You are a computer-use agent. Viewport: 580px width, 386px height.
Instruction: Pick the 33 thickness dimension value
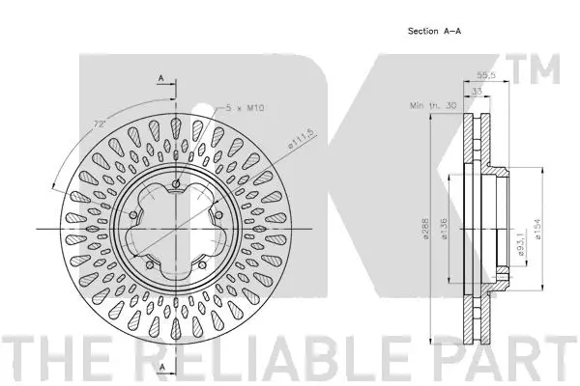pos(477,93)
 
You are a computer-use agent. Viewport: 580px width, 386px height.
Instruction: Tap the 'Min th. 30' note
pos(432,105)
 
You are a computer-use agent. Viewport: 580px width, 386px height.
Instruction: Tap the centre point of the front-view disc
pos(178,230)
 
